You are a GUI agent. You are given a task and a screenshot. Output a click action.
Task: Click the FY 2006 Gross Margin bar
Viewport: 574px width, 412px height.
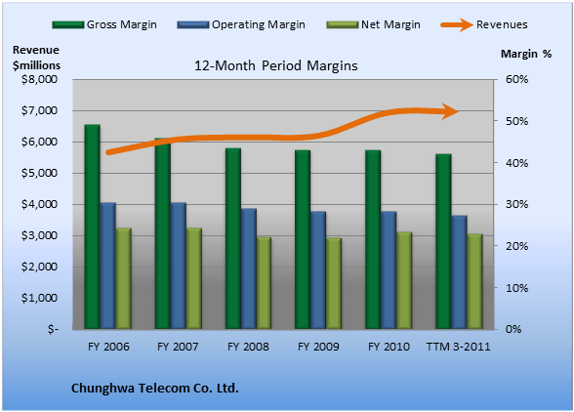(x=92, y=227)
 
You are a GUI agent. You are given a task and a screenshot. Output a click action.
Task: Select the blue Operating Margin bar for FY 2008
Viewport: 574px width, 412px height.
(x=249, y=268)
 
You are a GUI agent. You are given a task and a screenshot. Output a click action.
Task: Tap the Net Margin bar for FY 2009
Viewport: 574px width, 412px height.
(x=334, y=283)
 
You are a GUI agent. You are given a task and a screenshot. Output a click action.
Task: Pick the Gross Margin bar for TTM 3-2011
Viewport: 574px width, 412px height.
(x=443, y=241)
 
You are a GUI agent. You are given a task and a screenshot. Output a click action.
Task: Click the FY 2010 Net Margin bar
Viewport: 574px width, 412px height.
(x=404, y=280)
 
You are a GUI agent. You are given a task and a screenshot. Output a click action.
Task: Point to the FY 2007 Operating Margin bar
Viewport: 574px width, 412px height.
(x=179, y=266)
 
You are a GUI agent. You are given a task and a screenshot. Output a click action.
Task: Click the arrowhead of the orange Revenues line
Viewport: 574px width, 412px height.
(x=450, y=111)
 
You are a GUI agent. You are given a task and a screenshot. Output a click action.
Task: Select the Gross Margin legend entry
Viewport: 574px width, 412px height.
(x=104, y=24)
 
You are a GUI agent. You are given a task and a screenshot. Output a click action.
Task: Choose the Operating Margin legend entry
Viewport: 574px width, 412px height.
(x=241, y=24)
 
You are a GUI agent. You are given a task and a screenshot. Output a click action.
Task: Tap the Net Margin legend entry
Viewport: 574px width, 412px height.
(x=373, y=24)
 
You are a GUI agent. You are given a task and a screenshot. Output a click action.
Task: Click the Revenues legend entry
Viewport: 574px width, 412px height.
(x=484, y=24)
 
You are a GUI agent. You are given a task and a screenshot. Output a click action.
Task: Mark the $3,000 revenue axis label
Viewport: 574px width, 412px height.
(x=39, y=235)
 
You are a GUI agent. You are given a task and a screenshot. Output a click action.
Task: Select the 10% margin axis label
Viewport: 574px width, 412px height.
(x=517, y=288)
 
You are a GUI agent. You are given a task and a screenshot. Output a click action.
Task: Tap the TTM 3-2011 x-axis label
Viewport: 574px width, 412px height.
(x=459, y=347)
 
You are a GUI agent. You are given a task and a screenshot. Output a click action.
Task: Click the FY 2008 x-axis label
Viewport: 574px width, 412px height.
(x=248, y=347)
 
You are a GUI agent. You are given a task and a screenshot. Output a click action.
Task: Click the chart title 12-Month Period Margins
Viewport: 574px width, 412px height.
(x=276, y=66)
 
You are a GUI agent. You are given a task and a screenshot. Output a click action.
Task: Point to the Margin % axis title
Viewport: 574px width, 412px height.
(x=526, y=54)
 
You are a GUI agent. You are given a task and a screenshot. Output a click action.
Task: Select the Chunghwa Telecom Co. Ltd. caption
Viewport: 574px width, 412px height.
(x=155, y=389)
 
